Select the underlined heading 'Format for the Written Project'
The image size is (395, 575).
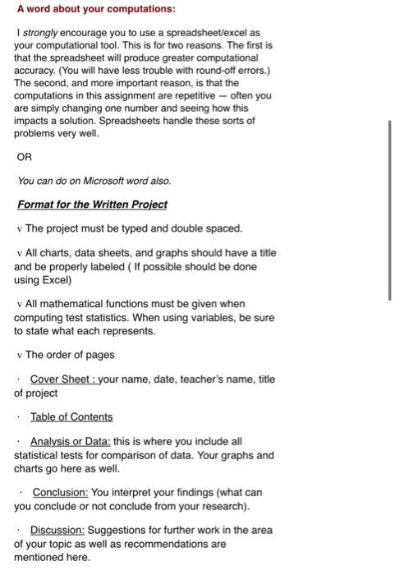tap(92, 205)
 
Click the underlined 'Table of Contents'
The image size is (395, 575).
tap(71, 416)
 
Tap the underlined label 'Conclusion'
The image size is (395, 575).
tap(59, 492)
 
